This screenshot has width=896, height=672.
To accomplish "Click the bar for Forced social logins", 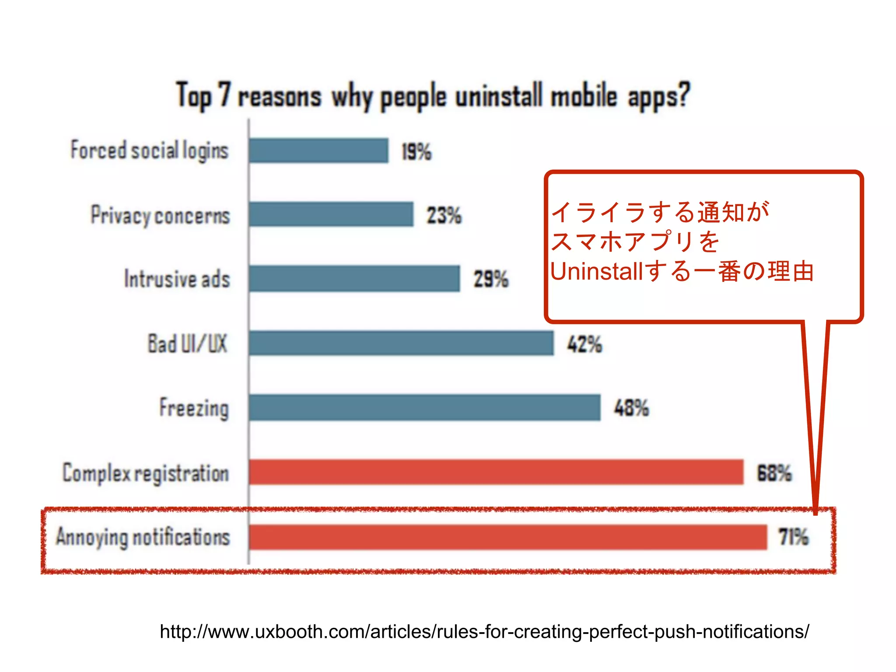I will (x=318, y=150).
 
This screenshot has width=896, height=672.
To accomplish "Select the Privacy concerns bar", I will (x=331, y=214).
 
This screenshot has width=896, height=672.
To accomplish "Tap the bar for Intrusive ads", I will (x=354, y=278).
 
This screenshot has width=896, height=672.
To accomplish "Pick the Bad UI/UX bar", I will (x=401, y=343).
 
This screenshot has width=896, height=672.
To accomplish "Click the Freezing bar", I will (x=424, y=407).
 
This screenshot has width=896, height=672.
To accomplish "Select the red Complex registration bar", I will (x=496, y=472).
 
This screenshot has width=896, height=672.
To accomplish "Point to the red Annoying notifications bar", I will (x=508, y=537).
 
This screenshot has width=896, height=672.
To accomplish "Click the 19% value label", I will (x=416, y=152).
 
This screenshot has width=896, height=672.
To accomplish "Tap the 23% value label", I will (x=444, y=215).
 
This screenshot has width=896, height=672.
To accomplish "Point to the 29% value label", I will (x=491, y=279).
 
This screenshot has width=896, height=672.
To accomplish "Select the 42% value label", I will (x=584, y=344).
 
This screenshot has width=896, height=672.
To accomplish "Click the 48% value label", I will (x=631, y=408).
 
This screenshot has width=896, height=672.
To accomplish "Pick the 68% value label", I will (x=774, y=473).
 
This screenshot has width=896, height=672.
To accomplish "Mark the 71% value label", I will (x=794, y=537).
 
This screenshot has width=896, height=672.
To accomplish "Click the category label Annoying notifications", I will (x=143, y=537).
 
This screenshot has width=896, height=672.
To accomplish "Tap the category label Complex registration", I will (x=146, y=473).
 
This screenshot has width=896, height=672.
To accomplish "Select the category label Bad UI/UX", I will (x=188, y=343).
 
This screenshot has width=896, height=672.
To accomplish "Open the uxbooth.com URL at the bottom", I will (x=484, y=631).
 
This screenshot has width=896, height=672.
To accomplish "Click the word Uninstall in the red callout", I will (x=596, y=271).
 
